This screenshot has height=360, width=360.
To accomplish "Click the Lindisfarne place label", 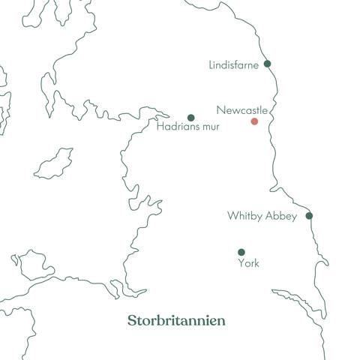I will point(233,65).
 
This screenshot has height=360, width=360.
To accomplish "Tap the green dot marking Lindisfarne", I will point(267,64).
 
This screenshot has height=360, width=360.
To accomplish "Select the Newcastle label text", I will point(241,110).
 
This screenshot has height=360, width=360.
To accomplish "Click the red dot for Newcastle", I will point(254,121).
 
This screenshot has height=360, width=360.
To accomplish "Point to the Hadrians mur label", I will point(187,127).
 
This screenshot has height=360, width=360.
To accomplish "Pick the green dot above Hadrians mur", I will point(190,118).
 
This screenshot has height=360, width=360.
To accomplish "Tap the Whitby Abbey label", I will point(262,216).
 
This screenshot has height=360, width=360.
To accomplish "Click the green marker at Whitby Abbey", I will point(309,216).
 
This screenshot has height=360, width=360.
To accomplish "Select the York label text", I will point(248,263).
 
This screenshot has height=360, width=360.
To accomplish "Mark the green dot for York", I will point(241,252).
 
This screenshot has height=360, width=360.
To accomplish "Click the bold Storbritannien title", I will point(176,321).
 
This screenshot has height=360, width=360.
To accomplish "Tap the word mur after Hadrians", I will point(206,127).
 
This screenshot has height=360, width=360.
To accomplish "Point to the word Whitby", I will point(244,216).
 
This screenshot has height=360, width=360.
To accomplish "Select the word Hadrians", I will point(176,127).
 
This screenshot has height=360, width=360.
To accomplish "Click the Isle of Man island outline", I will point(55,163).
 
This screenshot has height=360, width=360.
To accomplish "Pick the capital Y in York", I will point(241,263).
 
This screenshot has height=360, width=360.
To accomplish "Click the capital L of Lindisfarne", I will point(211,65).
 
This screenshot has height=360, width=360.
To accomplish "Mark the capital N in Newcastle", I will point(220,110).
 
